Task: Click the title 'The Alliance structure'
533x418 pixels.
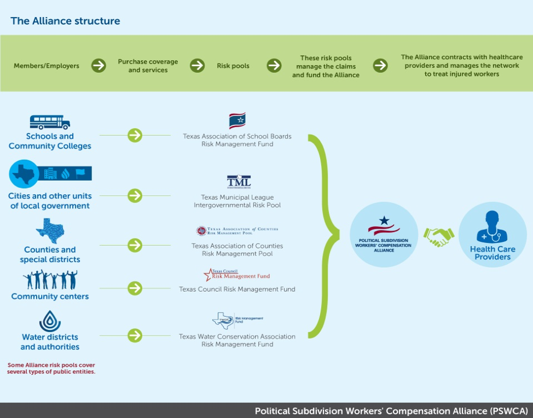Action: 65,21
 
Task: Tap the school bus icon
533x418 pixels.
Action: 50,122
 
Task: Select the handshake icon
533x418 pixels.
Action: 439,237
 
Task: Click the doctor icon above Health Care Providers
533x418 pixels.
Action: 492,227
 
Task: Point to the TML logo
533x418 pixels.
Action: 239,182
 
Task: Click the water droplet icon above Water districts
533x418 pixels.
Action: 50,321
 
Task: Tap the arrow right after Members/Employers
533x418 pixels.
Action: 99,66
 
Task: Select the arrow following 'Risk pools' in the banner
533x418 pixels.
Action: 274,66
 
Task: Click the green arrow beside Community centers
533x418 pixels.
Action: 135,288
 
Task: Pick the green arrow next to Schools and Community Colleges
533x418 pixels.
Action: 135,135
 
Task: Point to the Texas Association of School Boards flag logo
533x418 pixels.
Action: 237,120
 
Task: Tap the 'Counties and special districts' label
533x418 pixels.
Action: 50,254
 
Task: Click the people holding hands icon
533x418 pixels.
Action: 50,280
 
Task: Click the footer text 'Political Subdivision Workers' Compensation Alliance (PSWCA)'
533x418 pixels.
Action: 391,411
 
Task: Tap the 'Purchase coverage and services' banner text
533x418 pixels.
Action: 148,66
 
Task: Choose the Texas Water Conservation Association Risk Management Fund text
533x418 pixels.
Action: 237,340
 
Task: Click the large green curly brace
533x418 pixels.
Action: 323,236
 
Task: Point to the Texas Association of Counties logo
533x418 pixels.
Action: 237,231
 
